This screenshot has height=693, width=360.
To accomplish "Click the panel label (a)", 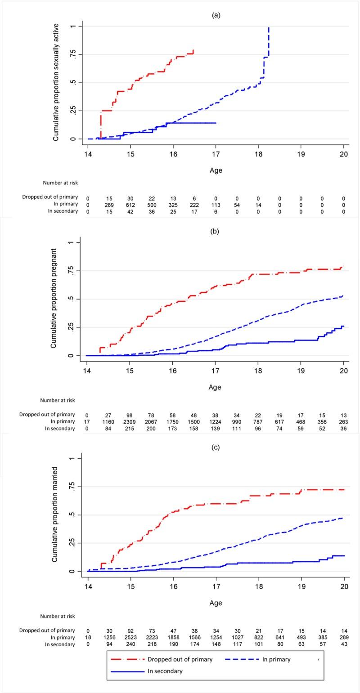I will [x=216, y=15].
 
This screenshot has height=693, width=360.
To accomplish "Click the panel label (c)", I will [x=216, y=447].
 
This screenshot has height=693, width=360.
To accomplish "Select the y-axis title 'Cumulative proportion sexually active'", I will [x=56, y=83].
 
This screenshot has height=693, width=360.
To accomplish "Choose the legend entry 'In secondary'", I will [x=165, y=671].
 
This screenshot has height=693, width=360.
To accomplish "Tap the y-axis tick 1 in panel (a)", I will [x=73, y=27].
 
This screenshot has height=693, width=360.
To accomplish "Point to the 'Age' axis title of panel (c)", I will [x=216, y=603].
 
